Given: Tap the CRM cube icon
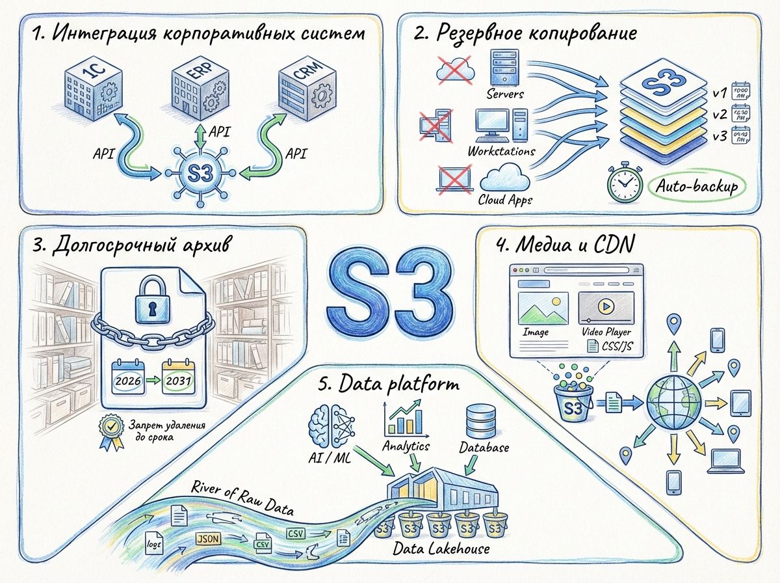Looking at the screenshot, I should (306, 90).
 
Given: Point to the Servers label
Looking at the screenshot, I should (505, 94).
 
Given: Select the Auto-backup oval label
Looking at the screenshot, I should (697, 187).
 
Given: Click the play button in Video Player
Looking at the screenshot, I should (605, 305).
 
